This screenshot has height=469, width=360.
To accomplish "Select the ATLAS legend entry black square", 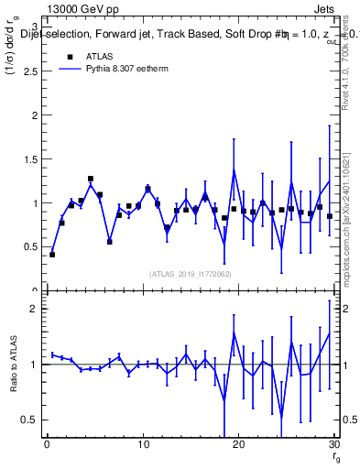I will (70, 56).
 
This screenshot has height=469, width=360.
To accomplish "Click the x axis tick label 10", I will (142, 445).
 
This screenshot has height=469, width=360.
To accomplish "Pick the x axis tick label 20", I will (238, 445).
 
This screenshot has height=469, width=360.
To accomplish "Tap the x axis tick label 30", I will (333, 445).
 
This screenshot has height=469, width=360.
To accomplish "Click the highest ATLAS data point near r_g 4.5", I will (91, 179).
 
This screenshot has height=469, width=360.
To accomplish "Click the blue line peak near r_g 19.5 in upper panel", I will (234, 170).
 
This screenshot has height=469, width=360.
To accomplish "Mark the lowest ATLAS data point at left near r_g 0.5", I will (52, 254).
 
